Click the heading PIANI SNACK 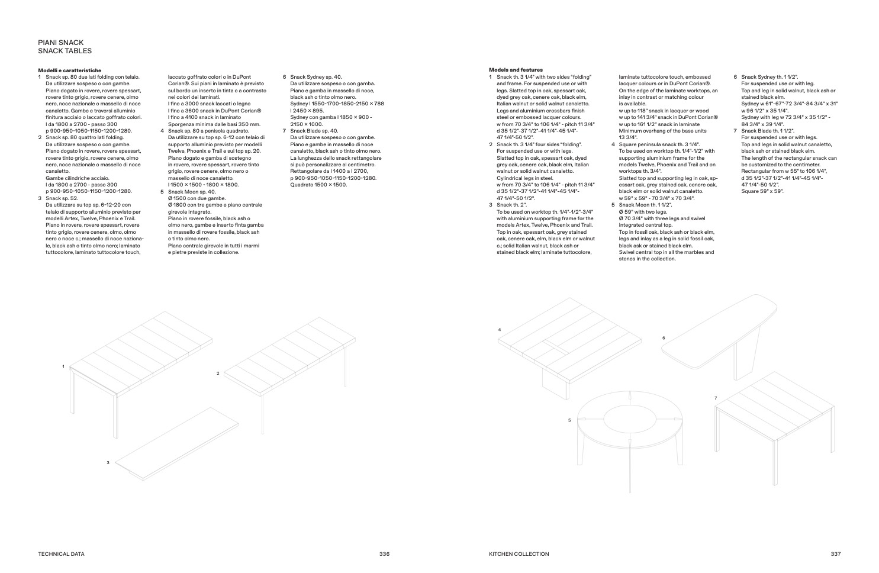click(60, 43)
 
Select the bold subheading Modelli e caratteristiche click(69, 70)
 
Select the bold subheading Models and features click(516, 70)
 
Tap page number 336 click(384, 554)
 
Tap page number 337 click(835, 554)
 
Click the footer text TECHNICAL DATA click(61, 554)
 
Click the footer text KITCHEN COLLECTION click(519, 554)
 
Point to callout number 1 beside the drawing click(63, 367)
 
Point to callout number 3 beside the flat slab click(108, 462)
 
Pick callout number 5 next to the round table click(569, 420)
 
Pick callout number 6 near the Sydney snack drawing click(664, 338)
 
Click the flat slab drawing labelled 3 click(178, 441)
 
